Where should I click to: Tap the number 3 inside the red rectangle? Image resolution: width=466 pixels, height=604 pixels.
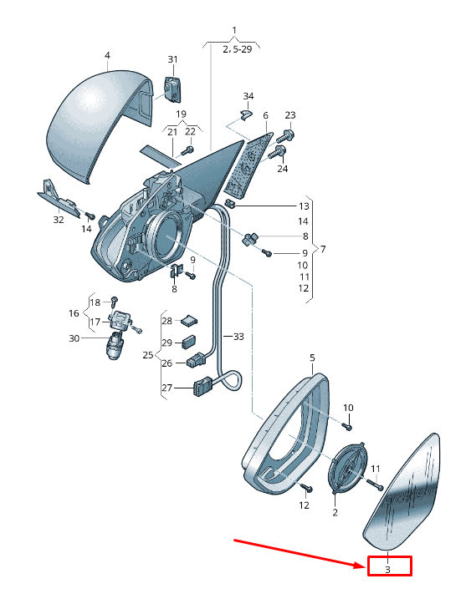[x=388, y=570]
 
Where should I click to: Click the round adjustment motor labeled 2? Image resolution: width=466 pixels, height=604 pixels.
[x=346, y=468]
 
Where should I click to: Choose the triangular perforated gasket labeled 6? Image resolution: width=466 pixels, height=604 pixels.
[x=247, y=165]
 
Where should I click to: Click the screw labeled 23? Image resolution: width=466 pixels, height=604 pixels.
[x=286, y=136]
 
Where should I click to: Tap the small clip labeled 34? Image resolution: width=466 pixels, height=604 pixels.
[x=245, y=114]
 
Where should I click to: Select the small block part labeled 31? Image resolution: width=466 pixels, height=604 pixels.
[x=172, y=89]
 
